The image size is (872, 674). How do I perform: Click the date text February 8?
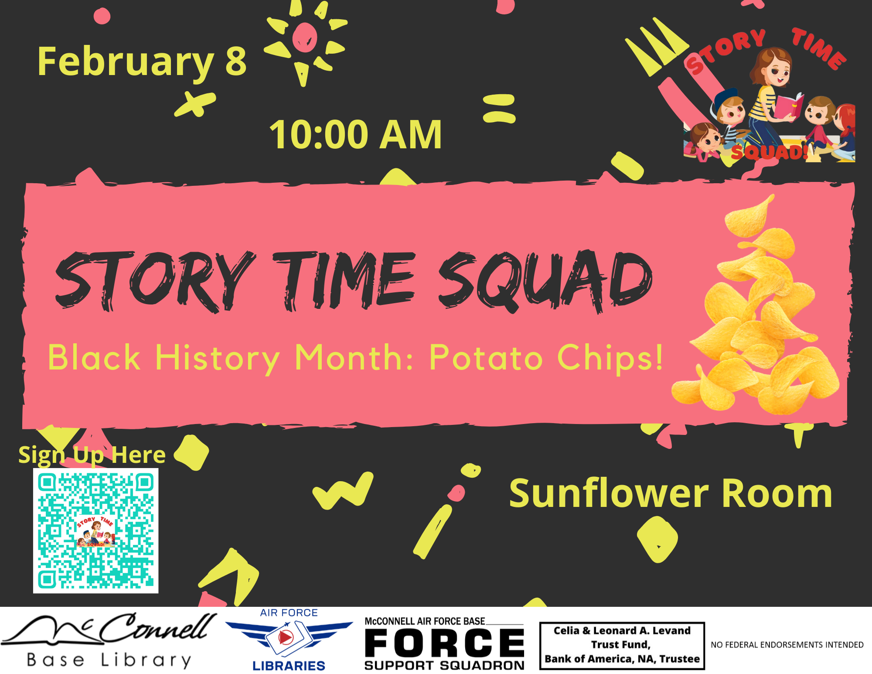point(142,62)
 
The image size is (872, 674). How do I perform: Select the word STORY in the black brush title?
point(155,281)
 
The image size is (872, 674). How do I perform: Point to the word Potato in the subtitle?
point(486,358)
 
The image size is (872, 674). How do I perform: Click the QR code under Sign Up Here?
point(96,531)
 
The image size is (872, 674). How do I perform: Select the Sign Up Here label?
point(92,455)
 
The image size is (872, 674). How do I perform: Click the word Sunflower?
point(610,493)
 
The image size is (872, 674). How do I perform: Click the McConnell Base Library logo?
point(109,640)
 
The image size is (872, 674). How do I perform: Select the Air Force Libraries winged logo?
point(289,640)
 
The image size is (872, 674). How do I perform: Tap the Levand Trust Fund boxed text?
point(622,646)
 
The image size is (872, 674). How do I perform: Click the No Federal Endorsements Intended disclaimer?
point(787,645)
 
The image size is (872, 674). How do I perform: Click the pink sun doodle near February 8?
point(305,38)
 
